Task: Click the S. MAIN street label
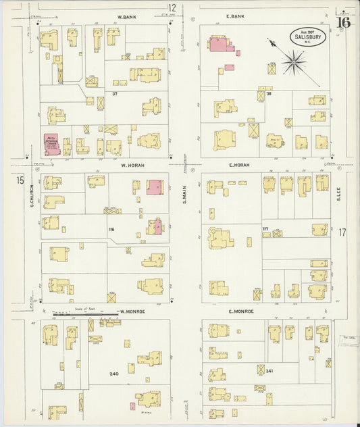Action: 184,195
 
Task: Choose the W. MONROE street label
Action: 134,311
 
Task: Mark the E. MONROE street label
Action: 240,311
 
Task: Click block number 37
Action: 115,93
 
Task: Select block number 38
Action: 268,93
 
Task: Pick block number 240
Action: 113,374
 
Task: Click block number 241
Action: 269,371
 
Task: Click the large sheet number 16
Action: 343,22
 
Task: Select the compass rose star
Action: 293,63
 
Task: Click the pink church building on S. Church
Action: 51,144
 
